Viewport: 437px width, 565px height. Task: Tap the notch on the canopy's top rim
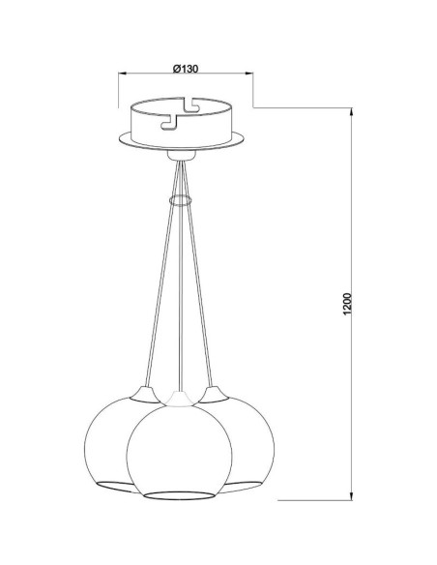click(x=191, y=101)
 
